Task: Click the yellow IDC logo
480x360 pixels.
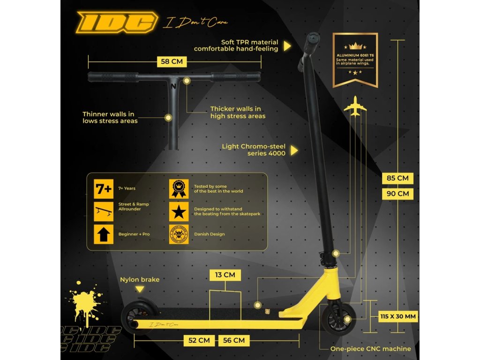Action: coord(117,22)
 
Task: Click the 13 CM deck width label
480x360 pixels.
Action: coord(225,275)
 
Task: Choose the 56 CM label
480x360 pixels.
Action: coord(233,340)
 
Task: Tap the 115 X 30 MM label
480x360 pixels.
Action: coord(397,316)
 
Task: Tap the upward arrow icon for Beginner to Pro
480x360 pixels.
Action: coord(104,234)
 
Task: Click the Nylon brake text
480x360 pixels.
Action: coord(140,280)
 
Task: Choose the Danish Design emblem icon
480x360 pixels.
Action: coord(179,234)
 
